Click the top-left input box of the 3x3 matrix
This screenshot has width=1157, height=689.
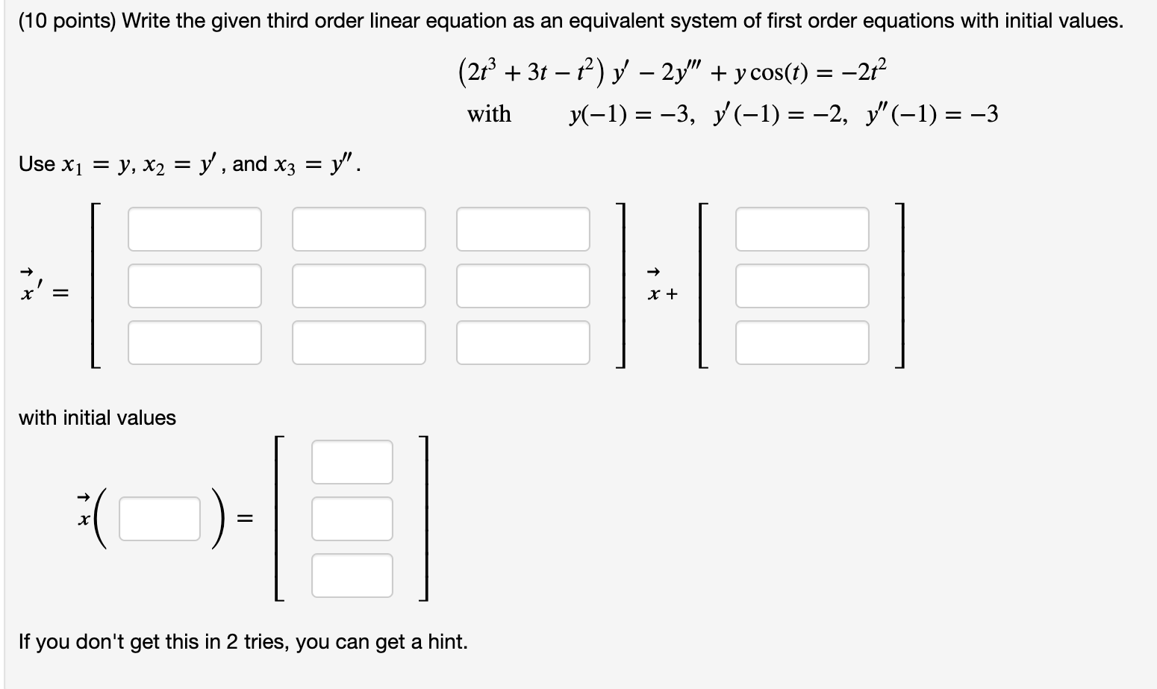(x=194, y=229)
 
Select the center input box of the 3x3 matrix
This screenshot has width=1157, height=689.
(x=358, y=286)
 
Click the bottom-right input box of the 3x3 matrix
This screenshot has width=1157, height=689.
(x=523, y=343)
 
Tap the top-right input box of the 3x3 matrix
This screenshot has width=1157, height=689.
(x=523, y=229)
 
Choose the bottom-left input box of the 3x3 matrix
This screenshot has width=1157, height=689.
(x=194, y=343)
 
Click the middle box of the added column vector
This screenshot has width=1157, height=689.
(x=802, y=286)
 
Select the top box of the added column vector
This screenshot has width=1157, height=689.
(x=802, y=229)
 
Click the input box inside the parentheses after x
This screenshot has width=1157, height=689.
(x=160, y=519)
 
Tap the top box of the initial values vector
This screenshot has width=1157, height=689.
(x=352, y=462)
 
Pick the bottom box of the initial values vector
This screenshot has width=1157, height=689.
(x=352, y=576)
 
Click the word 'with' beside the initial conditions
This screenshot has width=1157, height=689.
(x=489, y=114)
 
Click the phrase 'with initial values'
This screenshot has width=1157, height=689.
(x=97, y=417)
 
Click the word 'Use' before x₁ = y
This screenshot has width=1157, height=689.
(x=37, y=163)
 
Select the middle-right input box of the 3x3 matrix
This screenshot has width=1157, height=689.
(x=523, y=286)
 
